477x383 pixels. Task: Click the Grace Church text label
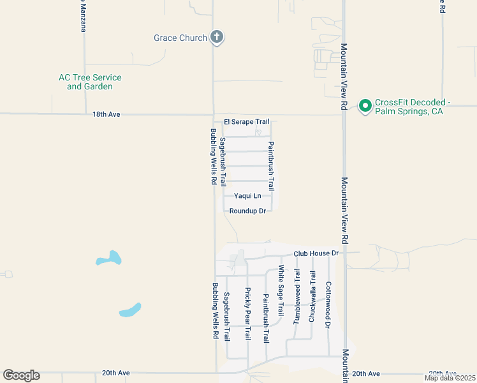180,38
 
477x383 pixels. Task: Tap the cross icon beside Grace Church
217,37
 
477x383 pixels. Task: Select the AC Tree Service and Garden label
90,82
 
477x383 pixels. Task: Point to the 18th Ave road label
106,114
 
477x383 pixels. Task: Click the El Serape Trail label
246,121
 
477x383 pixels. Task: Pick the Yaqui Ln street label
247,196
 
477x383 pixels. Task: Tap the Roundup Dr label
247,211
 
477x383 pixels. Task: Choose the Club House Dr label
316,253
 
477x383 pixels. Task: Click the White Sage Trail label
281,290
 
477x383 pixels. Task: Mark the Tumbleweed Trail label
297,296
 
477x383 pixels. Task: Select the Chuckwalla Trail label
312,296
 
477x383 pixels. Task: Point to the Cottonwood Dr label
328,304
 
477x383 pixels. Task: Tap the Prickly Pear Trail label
248,313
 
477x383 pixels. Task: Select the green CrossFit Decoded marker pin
365,105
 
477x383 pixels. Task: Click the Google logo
21,375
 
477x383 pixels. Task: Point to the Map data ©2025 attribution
450,378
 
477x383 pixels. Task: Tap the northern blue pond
110,259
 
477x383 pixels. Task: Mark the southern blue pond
130,310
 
